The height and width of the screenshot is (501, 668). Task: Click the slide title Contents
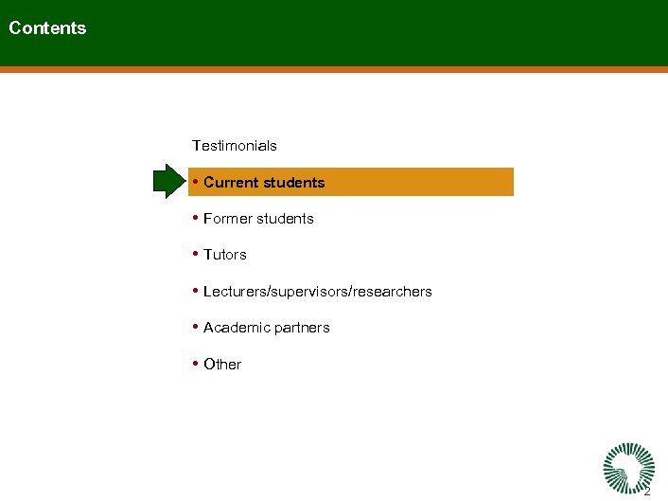(x=47, y=28)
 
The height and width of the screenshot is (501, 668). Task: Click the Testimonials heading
(x=235, y=146)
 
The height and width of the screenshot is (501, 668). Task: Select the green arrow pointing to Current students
(x=170, y=182)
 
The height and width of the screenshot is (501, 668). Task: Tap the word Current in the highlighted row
(x=231, y=183)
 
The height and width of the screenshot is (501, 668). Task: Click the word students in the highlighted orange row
(x=293, y=183)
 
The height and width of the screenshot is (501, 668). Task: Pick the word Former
(x=228, y=219)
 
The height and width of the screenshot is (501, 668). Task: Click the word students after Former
(x=285, y=219)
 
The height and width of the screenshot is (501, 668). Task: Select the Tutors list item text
(x=225, y=255)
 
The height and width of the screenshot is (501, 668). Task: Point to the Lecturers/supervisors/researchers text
(x=318, y=292)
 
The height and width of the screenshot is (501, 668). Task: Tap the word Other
(x=222, y=365)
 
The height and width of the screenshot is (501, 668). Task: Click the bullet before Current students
(x=194, y=182)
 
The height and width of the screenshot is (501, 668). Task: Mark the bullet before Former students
(x=194, y=218)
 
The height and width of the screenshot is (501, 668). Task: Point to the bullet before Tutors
(x=194, y=254)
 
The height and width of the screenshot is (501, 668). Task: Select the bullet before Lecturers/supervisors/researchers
(x=194, y=291)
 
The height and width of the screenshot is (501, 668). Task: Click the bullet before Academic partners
(x=194, y=327)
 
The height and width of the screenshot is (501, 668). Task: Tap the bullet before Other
(x=194, y=364)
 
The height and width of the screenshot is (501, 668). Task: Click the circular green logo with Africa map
(x=627, y=466)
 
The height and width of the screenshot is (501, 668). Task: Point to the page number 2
(x=647, y=492)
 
